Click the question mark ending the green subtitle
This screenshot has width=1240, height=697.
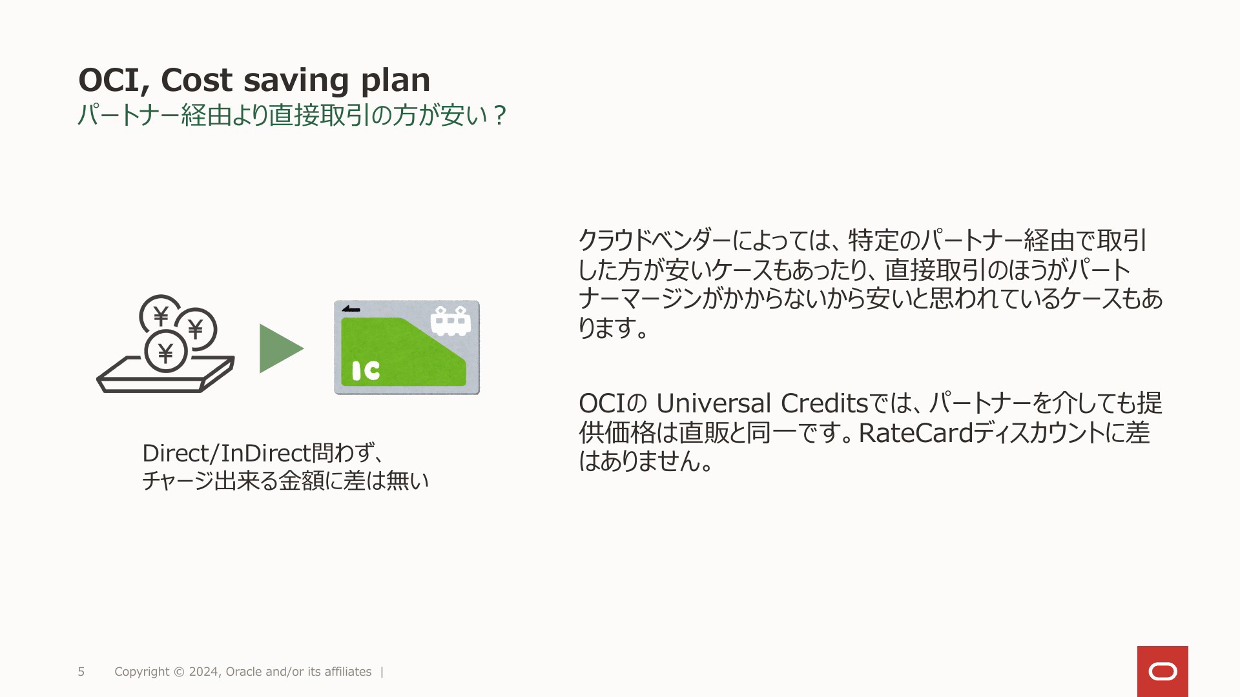499,116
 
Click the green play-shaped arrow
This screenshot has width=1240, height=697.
280,348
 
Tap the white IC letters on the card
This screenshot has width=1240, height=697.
366,370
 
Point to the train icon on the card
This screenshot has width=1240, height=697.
450,321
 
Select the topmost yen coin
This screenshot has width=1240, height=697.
161,316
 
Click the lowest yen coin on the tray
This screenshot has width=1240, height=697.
166,352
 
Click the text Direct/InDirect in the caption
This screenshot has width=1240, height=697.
227,453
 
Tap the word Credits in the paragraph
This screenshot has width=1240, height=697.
825,403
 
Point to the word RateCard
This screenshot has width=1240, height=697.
916,433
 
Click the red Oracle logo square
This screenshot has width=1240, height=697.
1162,671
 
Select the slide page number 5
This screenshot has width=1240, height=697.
81,672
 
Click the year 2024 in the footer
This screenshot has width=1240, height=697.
204,672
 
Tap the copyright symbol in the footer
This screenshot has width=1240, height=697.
178,672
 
